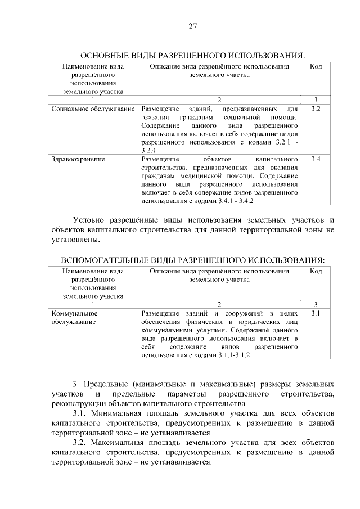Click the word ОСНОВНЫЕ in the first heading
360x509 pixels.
pyautogui.click(x=105, y=56)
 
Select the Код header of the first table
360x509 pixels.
pyautogui.click(x=316, y=67)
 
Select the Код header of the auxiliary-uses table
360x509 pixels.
pyautogui.click(x=316, y=271)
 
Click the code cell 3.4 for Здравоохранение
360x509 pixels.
pyautogui.click(x=316, y=160)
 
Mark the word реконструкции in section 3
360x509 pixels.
pyautogui.click(x=79, y=403)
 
